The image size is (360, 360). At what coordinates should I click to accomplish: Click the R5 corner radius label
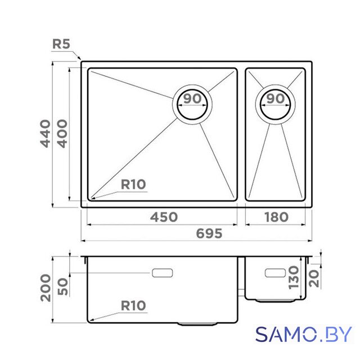(61, 44)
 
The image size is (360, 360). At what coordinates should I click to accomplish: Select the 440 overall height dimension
(45, 133)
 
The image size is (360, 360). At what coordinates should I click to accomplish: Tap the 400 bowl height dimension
(62, 133)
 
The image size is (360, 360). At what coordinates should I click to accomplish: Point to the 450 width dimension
(164, 217)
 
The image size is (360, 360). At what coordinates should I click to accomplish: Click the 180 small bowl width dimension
(276, 217)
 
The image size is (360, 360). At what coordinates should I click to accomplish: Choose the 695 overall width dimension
(209, 233)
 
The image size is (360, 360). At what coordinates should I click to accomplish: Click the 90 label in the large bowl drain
(192, 98)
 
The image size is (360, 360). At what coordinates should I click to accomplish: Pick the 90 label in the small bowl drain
(276, 98)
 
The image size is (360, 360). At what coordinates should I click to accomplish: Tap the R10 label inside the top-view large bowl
(133, 184)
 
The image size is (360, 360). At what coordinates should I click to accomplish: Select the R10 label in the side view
(133, 305)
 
